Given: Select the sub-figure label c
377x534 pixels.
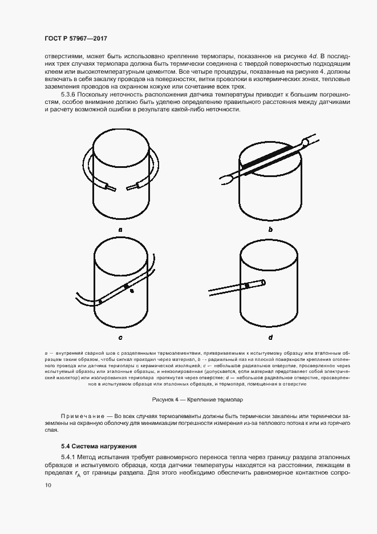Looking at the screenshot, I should [x=120, y=337].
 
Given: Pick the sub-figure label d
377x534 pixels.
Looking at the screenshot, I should [x=270, y=337].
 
